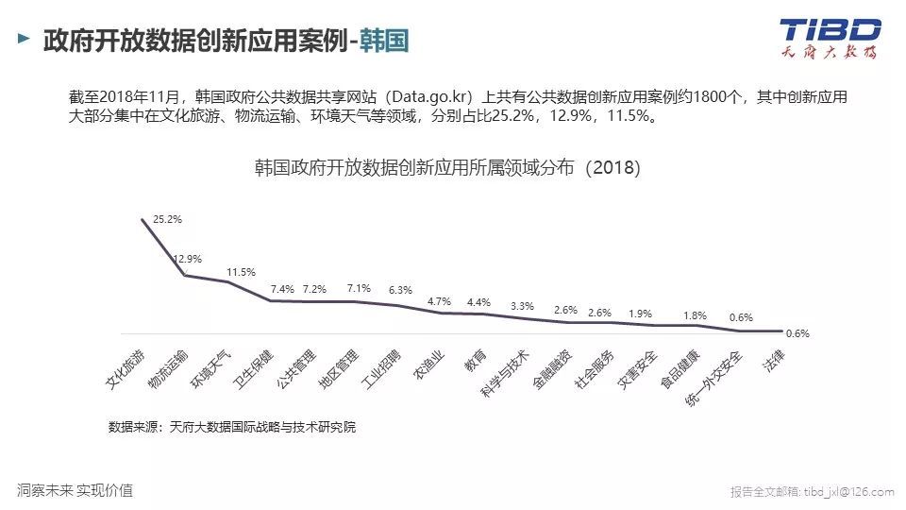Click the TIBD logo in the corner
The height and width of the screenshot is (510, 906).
830,38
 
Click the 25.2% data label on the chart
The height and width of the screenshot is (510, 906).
167,219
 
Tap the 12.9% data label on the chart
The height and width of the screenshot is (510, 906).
187,258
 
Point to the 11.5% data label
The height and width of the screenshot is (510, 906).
241,272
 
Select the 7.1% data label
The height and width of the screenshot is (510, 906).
359,288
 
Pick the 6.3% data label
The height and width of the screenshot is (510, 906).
400,290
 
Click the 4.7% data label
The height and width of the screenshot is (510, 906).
440,301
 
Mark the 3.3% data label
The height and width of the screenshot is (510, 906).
522,306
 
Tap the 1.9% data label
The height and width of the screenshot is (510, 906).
640,314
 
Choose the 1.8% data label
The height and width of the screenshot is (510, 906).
694,315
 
